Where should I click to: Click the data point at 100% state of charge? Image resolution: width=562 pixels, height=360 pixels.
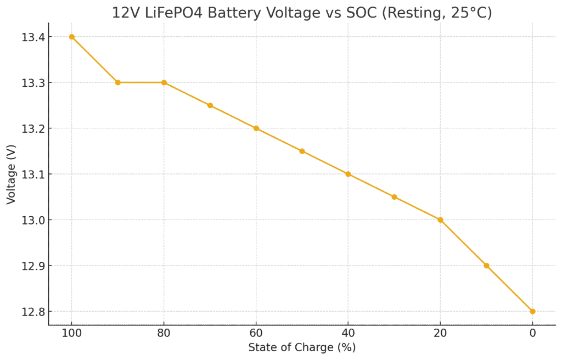tap(71, 37)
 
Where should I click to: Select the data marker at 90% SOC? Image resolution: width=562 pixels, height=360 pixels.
tap(117, 82)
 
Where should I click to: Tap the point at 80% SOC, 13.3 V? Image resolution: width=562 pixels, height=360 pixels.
tap(164, 82)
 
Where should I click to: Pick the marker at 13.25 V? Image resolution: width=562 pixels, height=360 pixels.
tap(210, 105)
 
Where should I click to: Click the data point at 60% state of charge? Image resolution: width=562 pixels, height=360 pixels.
tap(256, 128)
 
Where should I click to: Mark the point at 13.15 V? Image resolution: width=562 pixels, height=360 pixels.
tap(302, 151)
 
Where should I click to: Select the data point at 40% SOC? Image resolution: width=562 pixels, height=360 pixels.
tap(348, 174)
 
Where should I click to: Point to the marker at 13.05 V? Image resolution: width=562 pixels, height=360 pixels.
tap(394, 197)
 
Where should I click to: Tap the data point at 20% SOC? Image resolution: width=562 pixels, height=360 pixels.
tap(440, 220)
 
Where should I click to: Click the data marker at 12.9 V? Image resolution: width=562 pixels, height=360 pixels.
tap(486, 266)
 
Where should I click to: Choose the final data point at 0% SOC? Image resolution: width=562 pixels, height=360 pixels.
tap(532, 311)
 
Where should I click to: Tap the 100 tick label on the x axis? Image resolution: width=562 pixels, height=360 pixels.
tap(71, 332)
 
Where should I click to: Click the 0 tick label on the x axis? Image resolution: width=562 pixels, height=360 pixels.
tap(532, 332)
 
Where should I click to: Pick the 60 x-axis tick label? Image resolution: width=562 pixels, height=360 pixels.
tap(256, 332)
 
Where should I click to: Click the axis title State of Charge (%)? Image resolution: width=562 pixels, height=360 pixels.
tap(302, 347)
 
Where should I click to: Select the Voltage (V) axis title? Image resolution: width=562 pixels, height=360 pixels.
tap(12, 174)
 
